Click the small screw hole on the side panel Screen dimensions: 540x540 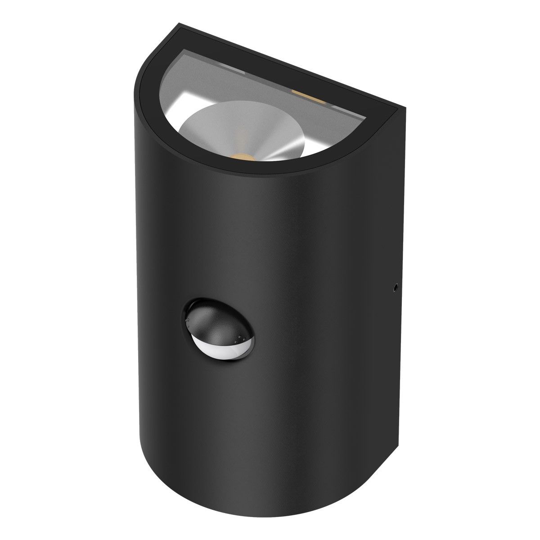[395, 287]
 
